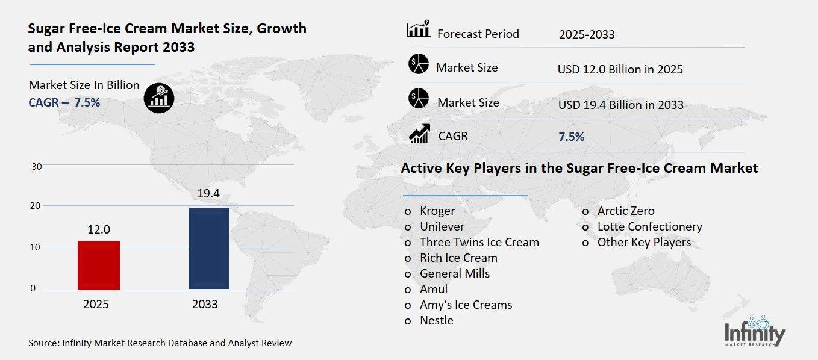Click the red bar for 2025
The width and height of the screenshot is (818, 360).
click(99, 265)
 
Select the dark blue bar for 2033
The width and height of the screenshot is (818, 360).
click(208, 248)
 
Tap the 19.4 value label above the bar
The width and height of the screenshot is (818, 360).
click(208, 193)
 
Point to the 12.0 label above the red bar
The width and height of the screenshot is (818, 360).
click(99, 229)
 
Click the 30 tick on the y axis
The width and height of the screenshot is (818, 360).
click(36, 166)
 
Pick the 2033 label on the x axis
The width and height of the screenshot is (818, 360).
click(205, 304)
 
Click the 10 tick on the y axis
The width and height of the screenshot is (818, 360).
click(36, 247)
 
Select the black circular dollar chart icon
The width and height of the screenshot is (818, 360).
click(159, 98)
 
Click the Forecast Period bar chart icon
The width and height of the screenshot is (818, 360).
click(418, 29)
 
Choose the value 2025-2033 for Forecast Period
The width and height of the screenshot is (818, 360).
click(586, 34)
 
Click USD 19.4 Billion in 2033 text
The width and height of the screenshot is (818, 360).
click(620, 105)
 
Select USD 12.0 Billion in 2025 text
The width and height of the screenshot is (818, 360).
click(620, 70)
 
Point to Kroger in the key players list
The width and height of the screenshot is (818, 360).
click(437, 211)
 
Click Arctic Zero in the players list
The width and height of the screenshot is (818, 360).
click(625, 211)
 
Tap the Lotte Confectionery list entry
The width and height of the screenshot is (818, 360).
click(649, 227)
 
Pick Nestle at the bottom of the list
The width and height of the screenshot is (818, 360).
click(436, 321)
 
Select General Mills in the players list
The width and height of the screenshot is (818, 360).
click(455, 274)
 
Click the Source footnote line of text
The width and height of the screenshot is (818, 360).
click(160, 343)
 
